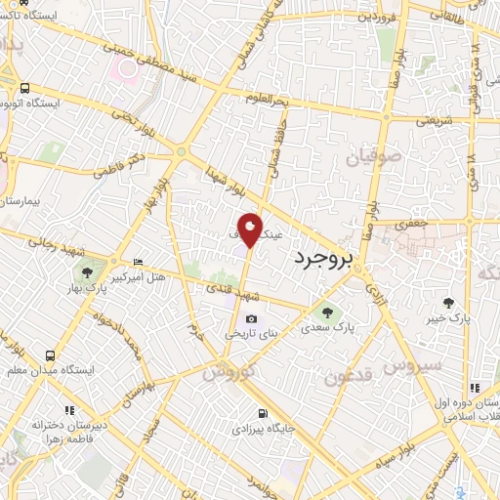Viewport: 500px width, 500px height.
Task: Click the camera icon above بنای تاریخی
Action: point(252,318)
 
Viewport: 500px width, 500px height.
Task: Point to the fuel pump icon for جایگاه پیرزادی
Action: point(262,412)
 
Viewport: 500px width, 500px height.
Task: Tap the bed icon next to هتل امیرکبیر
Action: point(138,263)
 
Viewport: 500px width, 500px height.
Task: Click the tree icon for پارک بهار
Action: point(89,272)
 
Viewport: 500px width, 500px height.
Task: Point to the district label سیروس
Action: point(413,367)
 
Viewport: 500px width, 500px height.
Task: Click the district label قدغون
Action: point(348,377)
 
